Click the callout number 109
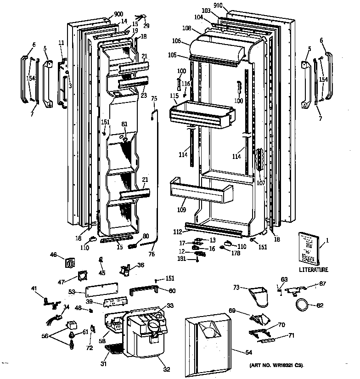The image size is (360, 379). click(x=181, y=209)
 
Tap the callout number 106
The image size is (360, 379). click(x=176, y=41)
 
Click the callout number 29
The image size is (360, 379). click(x=146, y=25)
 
